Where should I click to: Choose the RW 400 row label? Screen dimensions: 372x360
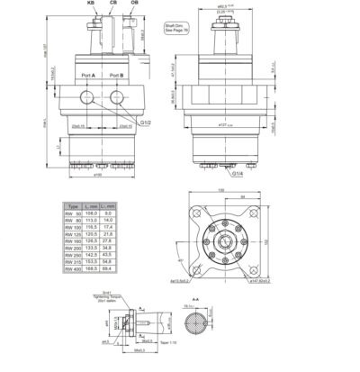point(73,268)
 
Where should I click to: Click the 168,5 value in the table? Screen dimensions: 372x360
point(91,268)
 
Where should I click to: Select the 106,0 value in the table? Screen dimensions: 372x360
point(91,213)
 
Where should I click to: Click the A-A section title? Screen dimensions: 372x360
point(195,297)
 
